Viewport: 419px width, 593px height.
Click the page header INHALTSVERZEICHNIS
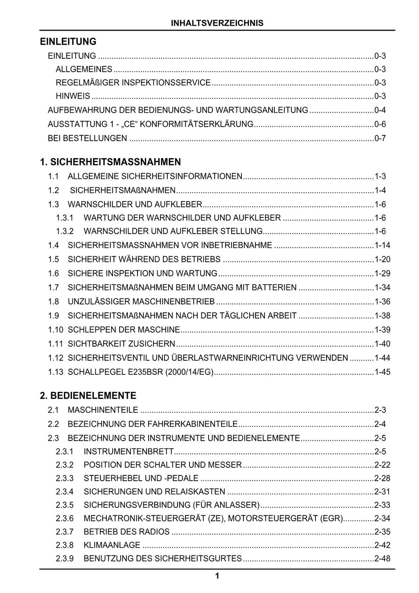tap(217, 23)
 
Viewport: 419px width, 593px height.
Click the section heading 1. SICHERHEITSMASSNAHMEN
tap(110, 162)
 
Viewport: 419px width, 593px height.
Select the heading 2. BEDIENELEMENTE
tap(88, 396)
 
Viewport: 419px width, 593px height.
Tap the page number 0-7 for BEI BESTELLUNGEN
tap(380, 138)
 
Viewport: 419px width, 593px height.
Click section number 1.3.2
tap(65, 231)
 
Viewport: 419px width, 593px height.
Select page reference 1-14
tap(383, 245)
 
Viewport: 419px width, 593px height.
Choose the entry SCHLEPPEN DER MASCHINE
tap(124, 330)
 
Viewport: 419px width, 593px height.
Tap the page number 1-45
tap(383, 372)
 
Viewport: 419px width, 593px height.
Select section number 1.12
tap(56, 358)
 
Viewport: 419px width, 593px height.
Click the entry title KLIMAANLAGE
tap(112, 545)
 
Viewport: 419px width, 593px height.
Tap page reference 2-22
tap(383, 465)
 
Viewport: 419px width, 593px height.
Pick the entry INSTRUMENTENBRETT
tap(129, 452)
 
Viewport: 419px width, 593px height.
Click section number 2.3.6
tap(65, 518)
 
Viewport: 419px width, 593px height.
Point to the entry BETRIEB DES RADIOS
tap(126, 532)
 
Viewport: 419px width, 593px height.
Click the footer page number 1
tap(217, 576)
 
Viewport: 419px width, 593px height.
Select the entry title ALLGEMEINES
tap(84, 70)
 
